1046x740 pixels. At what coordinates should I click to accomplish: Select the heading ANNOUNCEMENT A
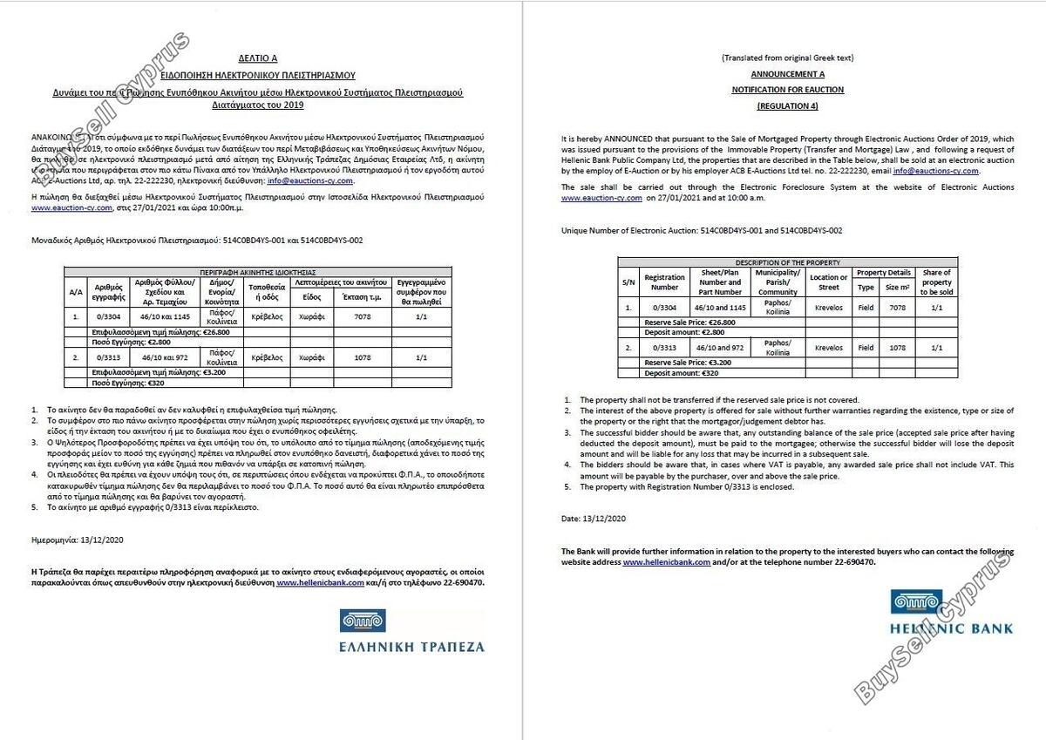[787, 74]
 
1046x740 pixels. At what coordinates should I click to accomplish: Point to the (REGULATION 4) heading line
[787, 105]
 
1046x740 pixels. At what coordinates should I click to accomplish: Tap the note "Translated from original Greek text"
[787, 58]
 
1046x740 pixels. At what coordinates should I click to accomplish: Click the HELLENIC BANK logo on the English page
[951, 612]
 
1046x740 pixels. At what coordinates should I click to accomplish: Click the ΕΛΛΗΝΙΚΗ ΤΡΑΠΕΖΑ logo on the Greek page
[412, 632]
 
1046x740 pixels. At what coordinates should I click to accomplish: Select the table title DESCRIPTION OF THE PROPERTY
[787, 262]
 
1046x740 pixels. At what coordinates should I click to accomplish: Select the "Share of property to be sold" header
[936, 282]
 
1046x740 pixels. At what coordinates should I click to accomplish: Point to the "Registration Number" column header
[664, 282]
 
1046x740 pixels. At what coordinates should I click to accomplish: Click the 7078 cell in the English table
[896, 308]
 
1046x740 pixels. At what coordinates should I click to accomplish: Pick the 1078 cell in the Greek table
[363, 357]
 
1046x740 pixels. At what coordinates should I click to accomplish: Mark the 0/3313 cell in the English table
[664, 347]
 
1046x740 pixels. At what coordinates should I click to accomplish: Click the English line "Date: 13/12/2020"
[593, 519]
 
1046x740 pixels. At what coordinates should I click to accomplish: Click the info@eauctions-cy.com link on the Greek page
[310, 181]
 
